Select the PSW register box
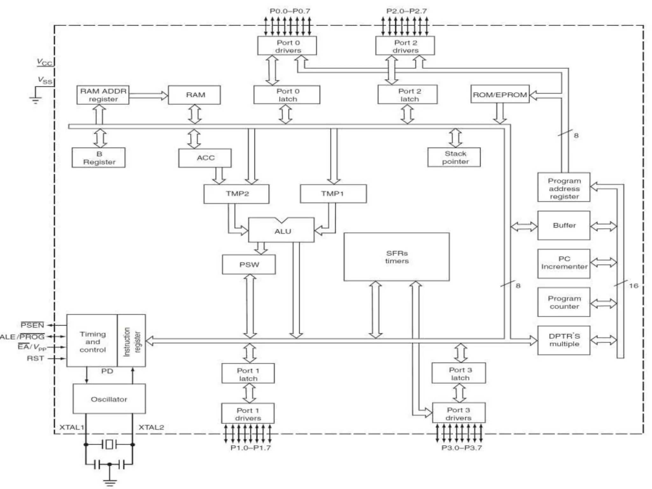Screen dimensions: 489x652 point(249,265)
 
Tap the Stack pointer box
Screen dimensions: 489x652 point(454,157)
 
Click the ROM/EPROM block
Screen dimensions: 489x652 point(500,95)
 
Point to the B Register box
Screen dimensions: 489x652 point(99,158)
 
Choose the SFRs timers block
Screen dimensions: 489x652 point(397,257)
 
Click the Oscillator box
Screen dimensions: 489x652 point(109,399)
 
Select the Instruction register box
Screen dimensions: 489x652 point(131,341)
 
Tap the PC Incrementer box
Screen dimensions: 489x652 point(564,263)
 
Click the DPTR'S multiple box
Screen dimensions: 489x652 point(564,340)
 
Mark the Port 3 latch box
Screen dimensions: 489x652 point(459,373)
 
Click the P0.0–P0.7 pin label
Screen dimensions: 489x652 point(290,11)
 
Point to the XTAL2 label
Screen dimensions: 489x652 point(151,427)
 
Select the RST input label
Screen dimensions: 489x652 point(35,358)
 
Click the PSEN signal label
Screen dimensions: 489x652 point(32,325)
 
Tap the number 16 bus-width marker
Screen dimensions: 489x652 point(634,286)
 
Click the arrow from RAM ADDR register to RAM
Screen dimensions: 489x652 point(148,95)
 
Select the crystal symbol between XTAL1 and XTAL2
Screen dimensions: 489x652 point(109,444)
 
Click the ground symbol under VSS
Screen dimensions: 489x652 point(35,100)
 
